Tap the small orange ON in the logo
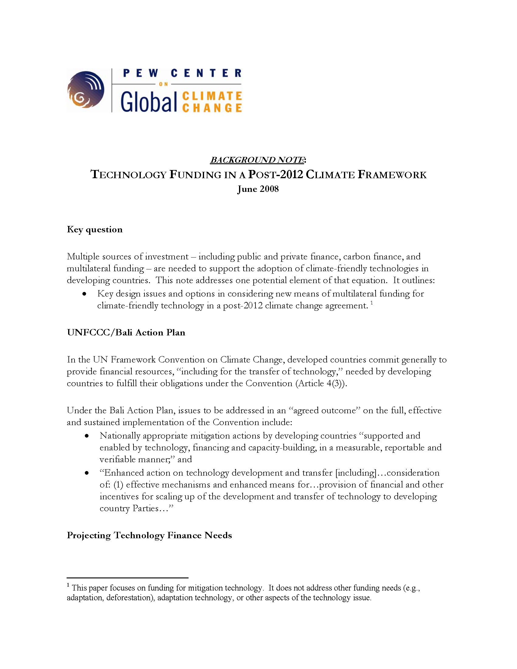click(163, 84)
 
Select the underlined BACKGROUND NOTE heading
click(257, 160)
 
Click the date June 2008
click(258, 189)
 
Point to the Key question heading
click(95, 229)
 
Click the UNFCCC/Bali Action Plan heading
click(126, 332)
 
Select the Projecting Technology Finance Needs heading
click(149, 535)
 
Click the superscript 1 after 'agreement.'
click(372, 303)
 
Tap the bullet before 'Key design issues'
click(84, 294)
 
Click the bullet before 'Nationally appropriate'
click(87, 436)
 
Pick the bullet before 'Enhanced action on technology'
click(87, 473)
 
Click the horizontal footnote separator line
click(127, 578)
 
